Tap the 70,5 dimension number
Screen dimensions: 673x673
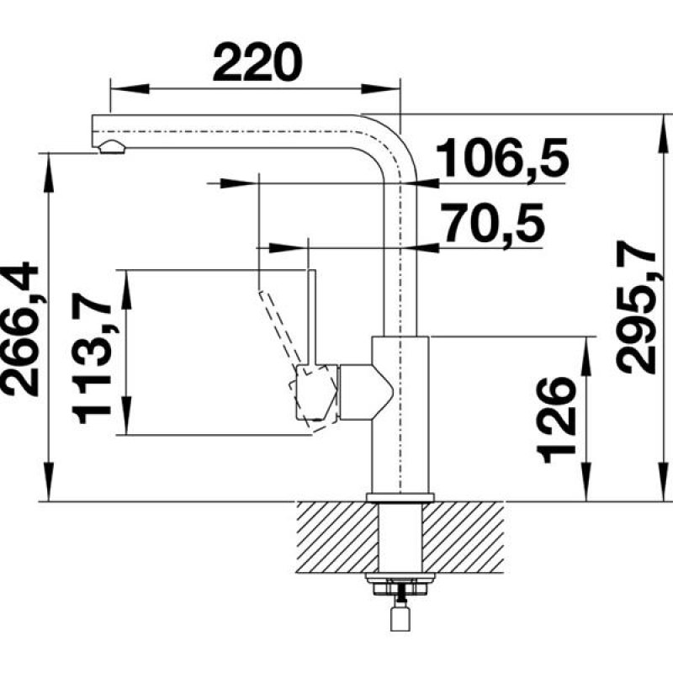[x=494, y=225]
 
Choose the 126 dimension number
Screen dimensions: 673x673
[x=556, y=420]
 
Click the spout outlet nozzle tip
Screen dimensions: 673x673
[x=110, y=149]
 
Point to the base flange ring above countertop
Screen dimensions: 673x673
[x=400, y=497]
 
